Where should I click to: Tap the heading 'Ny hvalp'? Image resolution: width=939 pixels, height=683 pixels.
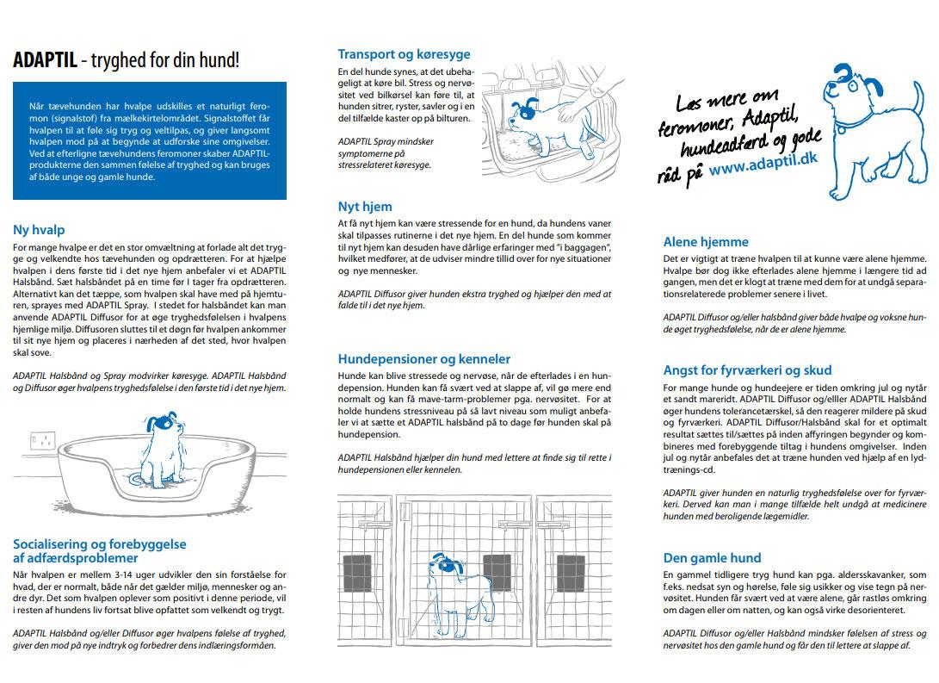(39, 230)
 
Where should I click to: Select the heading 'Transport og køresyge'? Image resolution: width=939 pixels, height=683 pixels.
(404, 54)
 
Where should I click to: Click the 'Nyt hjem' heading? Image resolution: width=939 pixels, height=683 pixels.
(365, 207)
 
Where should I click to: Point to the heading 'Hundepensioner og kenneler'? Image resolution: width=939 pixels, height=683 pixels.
(423, 359)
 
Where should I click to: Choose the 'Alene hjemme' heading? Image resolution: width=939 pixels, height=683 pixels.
(706, 242)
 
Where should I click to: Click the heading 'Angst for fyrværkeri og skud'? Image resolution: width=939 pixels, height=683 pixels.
(747, 370)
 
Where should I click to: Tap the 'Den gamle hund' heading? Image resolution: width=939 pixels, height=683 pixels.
(712, 557)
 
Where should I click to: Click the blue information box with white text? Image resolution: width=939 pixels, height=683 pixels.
(150, 140)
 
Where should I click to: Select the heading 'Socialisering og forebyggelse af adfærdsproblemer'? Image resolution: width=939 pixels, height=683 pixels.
(99, 551)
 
